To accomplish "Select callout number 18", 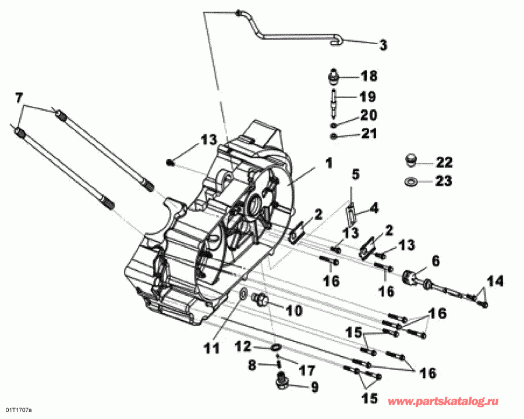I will [x=369, y=76].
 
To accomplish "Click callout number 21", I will [x=369, y=134].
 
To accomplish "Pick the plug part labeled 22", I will [x=411, y=160].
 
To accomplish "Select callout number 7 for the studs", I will [x=19, y=97].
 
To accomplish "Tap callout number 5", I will [x=356, y=174].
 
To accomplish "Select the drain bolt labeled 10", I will [x=261, y=300].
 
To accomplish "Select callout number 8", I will [x=252, y=366].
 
